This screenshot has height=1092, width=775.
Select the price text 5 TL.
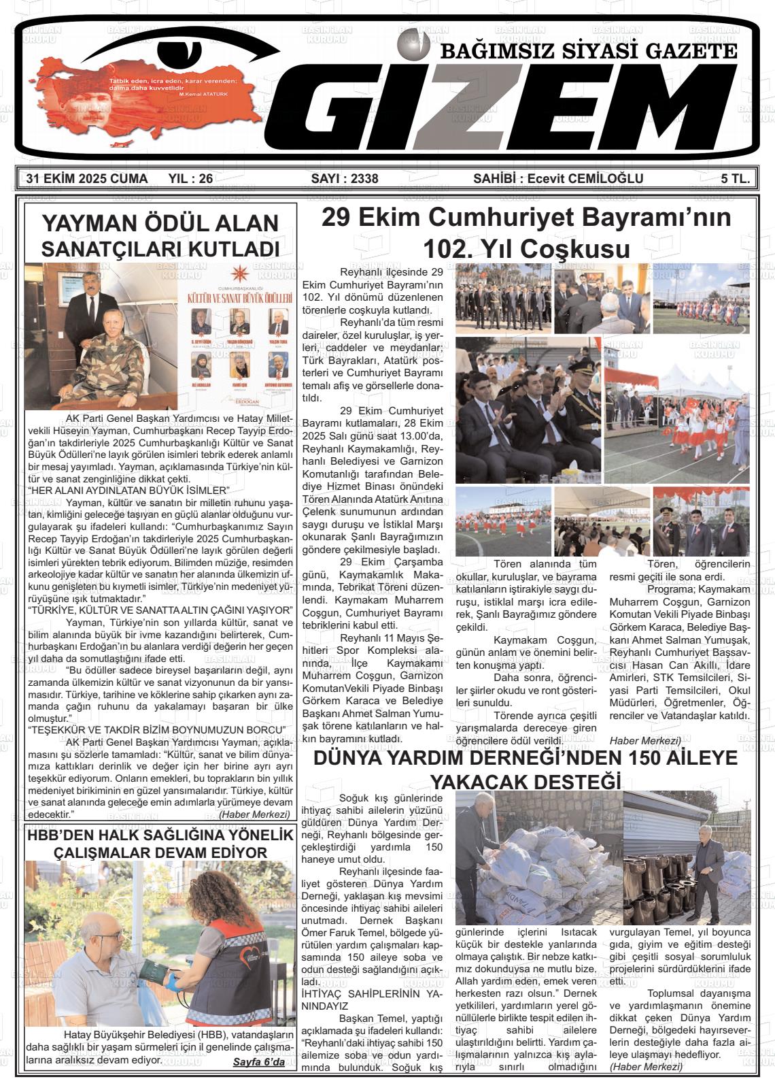tap(736, 179)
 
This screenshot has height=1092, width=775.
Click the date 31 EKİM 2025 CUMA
tap(86, 179)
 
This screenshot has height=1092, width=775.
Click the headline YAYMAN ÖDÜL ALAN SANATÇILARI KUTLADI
tap(160, 235)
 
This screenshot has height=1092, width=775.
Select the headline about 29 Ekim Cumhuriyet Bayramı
tap(526, 233)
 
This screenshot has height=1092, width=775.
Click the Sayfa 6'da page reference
tap(258, 1062)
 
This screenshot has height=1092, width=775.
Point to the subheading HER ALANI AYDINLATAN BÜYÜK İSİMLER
tap(129, 491)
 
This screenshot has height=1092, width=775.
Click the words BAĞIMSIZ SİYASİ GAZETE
tap(589, 51)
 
